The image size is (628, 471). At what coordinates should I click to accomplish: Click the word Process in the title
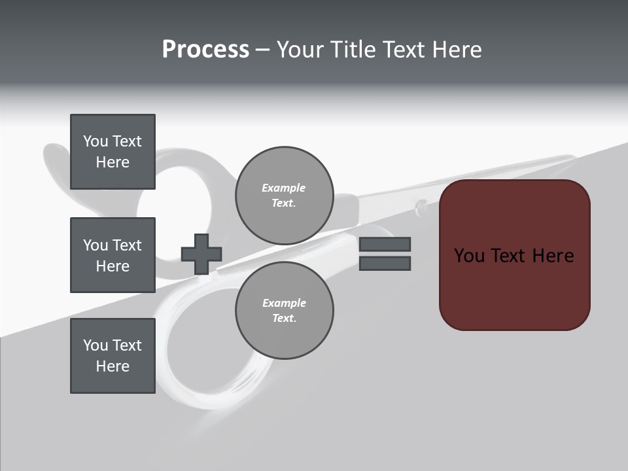click(205, 50)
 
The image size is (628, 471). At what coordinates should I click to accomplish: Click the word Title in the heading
click(353, 50)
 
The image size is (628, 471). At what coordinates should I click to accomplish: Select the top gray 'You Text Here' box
click(113, 152)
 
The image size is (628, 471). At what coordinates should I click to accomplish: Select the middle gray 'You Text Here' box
click(113, 255)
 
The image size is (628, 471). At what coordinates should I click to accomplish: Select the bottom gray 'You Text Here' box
click(113, 356)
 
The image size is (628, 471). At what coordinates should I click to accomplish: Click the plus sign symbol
click(201, 254)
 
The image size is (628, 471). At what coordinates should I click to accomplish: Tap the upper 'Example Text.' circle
click(284, 196)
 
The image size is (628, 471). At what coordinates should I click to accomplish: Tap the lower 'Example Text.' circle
click(284, 311)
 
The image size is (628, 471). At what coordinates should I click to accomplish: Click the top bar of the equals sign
click(385, 245)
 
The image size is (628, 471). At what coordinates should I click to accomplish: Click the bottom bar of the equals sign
click(385, 263)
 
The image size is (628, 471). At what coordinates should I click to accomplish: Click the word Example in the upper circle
click(283, 188)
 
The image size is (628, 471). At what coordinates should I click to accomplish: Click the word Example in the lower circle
click(283, 304)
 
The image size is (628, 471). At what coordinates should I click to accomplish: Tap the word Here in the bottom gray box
click(113, 366)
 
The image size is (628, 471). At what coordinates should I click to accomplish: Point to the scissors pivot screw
click(421, 208)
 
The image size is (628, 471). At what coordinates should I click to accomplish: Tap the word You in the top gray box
click(96, 141)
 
